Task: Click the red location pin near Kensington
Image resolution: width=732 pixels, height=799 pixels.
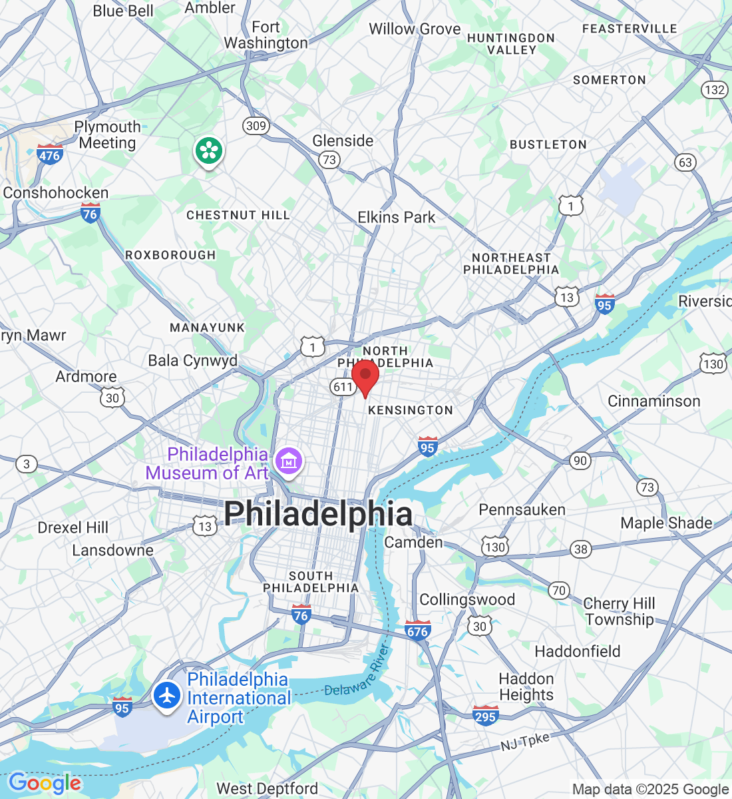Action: click(x=365, y=377)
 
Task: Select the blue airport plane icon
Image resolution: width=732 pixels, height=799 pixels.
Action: click(x=167, y=696)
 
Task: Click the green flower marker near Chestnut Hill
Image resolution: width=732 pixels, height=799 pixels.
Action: click(x=209, y=151)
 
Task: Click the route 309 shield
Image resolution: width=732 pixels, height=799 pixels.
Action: click(x=256, y=125)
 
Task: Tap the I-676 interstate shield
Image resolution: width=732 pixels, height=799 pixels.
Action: click(x=417, y=630)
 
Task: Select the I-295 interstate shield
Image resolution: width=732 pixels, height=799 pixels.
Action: click(x=485, y=716)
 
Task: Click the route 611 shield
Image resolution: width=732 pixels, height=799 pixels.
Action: click(x=343, y=387)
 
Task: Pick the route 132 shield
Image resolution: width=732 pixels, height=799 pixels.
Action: click(x=714, y=89)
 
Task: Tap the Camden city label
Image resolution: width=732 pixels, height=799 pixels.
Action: click(x=413, y=542)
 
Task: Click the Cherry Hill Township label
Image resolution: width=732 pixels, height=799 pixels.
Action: click(x=619, y=611)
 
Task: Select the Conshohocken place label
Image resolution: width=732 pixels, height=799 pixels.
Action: click(x=56, y=193)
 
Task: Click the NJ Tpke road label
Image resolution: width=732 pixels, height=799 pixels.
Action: click(x=525, y=741)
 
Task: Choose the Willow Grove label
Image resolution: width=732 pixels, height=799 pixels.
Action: click(x=415, y=29)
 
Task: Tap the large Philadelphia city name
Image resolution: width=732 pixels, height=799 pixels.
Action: click(x=318, y=514)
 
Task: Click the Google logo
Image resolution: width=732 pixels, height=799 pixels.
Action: click(x=45, y=783)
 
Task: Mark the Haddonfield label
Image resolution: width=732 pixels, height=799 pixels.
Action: click(x=577, y=651)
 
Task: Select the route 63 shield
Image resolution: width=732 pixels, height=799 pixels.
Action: click(x=685, y=162)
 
